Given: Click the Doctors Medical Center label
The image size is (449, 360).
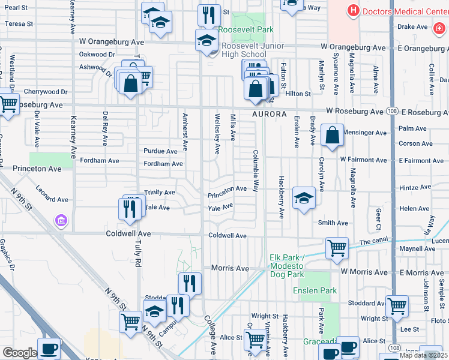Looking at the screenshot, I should click(406, 11).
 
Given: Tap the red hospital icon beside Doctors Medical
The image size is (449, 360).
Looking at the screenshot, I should click(353, 11).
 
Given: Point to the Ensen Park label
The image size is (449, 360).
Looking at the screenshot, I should click(315, 291).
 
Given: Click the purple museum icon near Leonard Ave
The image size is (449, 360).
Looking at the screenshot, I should click(60, 221).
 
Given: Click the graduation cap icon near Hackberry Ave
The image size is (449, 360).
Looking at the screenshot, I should click(304, 199).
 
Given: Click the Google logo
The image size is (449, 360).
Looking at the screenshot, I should click(19, 353).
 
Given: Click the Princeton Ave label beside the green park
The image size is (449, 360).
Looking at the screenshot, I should click(37, 169).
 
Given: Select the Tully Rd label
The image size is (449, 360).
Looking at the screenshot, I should click(137, 258).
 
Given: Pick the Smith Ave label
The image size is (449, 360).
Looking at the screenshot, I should click(333, 223).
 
